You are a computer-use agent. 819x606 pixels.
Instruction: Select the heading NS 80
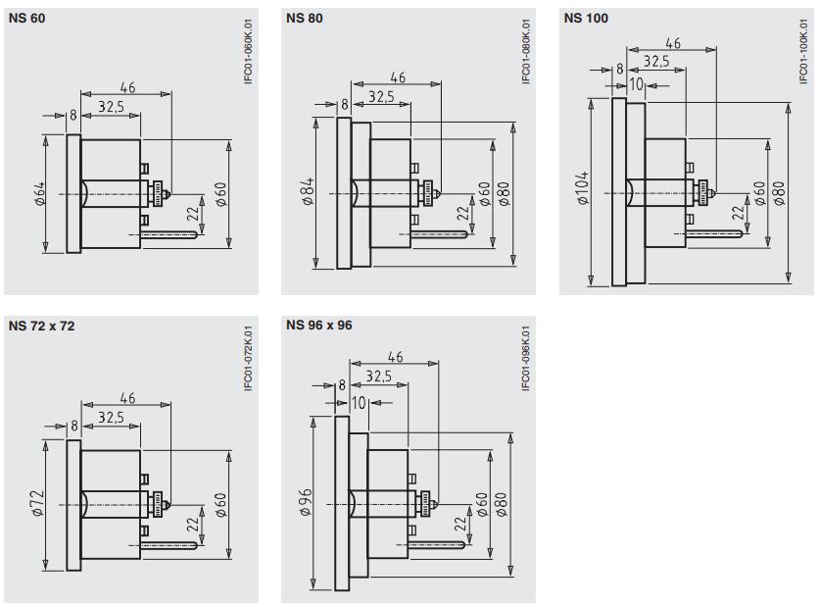pos(305,18)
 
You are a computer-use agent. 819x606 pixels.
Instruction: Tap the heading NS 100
pos(585,18)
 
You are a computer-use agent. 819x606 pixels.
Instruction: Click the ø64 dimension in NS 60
pos(40,194)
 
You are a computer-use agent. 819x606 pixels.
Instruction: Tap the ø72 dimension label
pos(39,504)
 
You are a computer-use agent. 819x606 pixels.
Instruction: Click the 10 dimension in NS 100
pos(636,84)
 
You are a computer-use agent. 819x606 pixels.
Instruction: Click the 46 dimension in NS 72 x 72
pos(127,398)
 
